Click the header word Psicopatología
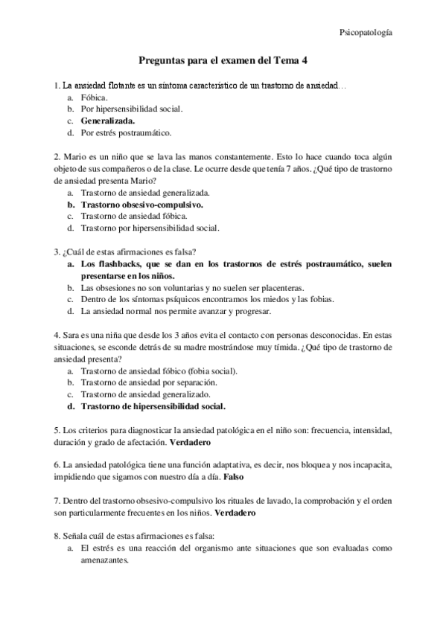pos(366,33)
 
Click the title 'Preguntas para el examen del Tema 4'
pos(224,64)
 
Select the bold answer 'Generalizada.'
pos(108,121)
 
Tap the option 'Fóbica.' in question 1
pos(95,97)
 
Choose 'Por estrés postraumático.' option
pos(127,132)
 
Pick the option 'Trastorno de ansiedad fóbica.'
pos(139,216)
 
